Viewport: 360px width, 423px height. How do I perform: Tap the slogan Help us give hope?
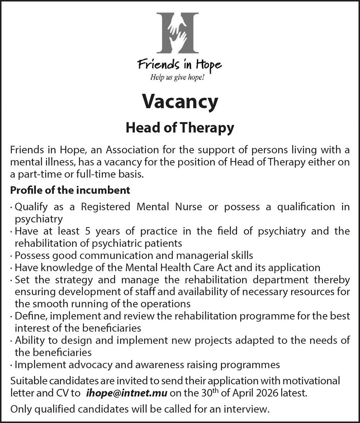click(x=177, y=77)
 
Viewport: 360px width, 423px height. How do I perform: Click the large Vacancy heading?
click(x=180, y=101)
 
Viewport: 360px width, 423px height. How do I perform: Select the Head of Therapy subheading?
click(x=180, y=127)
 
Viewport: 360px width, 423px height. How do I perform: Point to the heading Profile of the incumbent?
click(x=70, y=190)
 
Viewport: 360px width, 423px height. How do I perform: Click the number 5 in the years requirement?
click(x=88, y=231)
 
